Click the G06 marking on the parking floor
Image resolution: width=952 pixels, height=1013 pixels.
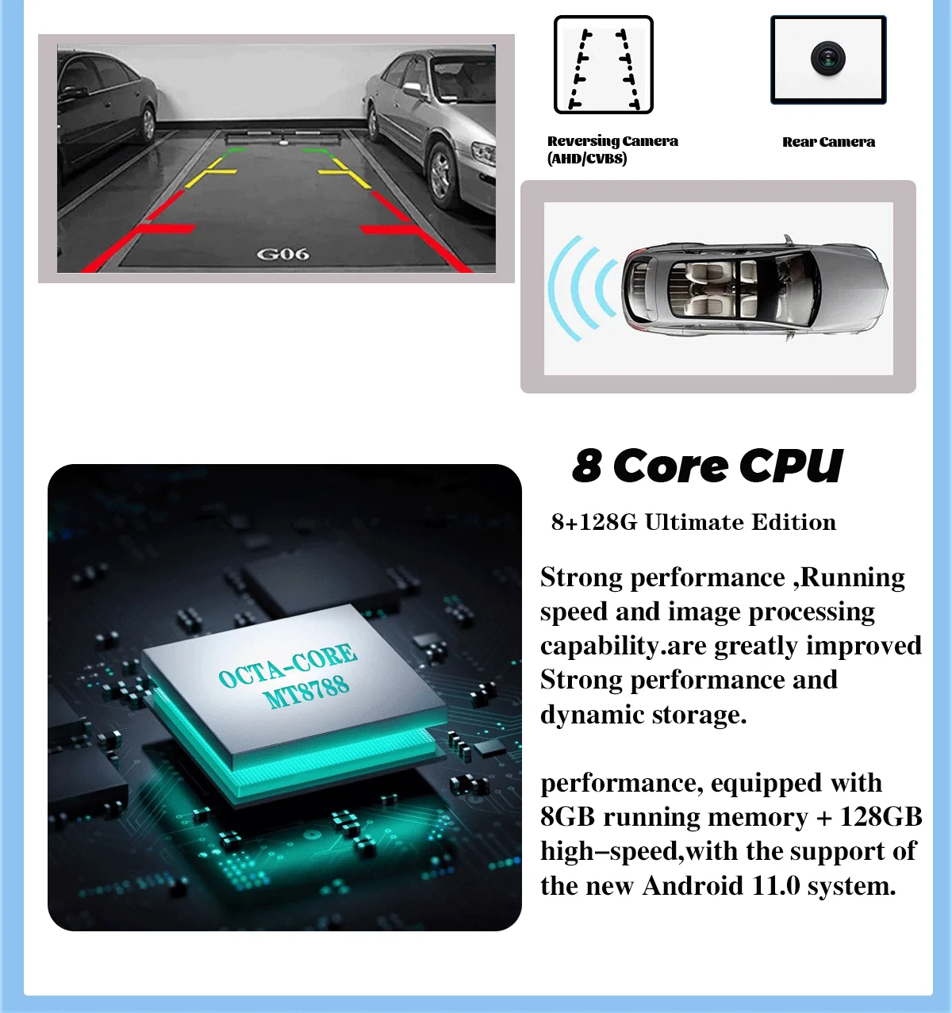pos(282,254)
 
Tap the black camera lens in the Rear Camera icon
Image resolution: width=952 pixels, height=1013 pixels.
pos(827,58)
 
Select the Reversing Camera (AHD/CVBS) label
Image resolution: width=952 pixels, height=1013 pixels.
pos(612,149)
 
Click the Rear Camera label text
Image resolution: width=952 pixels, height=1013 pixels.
pos(828,142)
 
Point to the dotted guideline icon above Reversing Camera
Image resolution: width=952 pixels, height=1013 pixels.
pos(604,65)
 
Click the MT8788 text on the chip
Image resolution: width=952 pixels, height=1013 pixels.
pos(306,692)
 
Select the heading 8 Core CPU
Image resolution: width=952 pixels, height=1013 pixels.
pos(707,466)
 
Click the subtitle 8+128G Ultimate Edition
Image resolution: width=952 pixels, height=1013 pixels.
pos(693,522)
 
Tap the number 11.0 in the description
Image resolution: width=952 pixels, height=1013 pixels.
pos(775,885)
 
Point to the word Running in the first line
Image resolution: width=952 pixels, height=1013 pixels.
pos(853,578)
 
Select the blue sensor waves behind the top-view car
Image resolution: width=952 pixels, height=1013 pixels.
pos(582,288)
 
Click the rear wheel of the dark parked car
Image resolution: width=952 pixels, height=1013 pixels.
pos(148,123)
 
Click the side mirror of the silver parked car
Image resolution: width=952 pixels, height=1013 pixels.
pos(413,89)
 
